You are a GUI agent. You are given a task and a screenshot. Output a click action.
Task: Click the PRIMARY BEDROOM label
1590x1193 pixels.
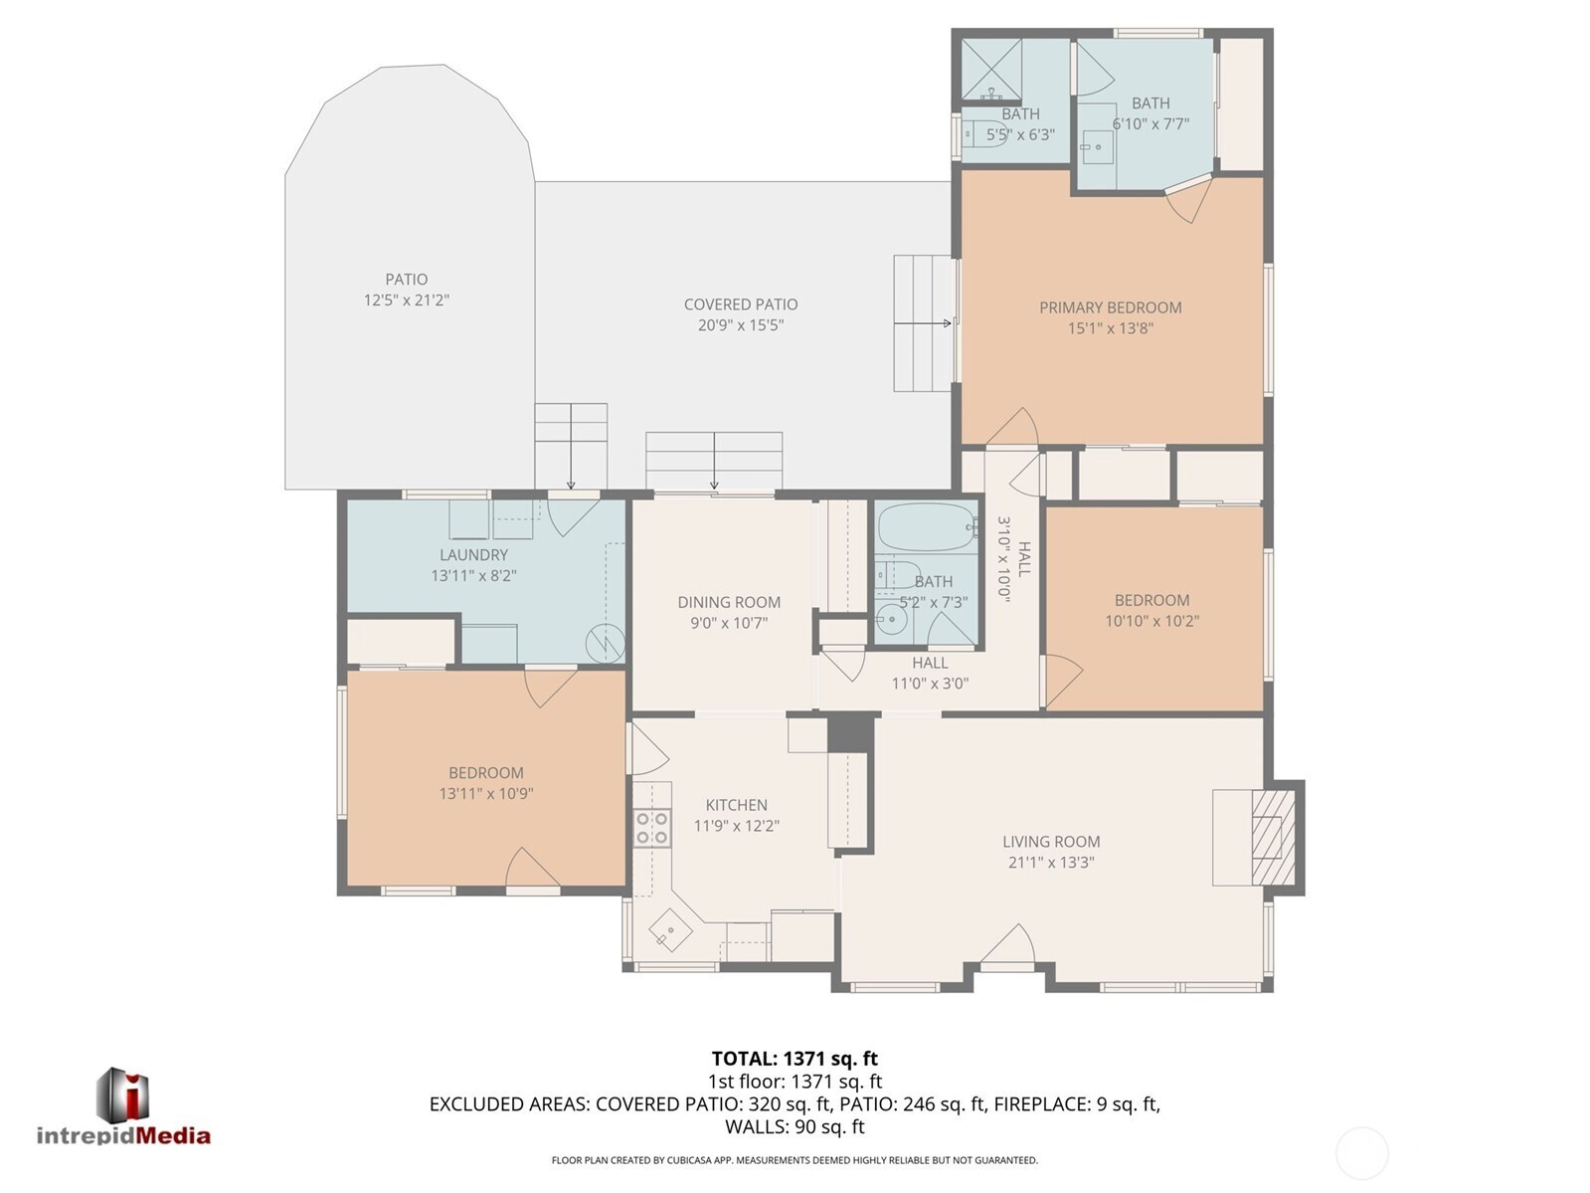pyautogui.click(x=1110, y=307)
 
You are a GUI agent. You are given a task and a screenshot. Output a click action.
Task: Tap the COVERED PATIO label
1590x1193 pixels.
pyautogui.click(x=741, y=304)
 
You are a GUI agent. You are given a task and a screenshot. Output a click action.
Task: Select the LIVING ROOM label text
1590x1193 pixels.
pyautogui.click(x=1050, y=842)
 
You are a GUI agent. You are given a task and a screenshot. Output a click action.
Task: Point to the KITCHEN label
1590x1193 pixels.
pyautogui.click(x=736, y=805)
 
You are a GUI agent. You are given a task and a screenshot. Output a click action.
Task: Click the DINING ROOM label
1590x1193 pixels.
pyautogui.click(x=729, y=602)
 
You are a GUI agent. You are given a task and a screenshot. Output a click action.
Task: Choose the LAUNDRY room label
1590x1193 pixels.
pyautogui.click(x=473, y=554)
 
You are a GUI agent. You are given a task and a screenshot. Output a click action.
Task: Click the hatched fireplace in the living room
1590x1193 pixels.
pyautogui.click(x=1273, y=837)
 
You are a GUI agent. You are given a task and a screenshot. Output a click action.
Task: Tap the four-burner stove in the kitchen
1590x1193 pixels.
pyautogui.click(x=651, y=828)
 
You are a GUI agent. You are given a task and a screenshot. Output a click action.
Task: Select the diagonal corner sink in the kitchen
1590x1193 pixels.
pyautogui.click(x=670, y=930)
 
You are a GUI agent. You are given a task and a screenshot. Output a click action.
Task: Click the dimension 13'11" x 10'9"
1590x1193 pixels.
pyautogui.click(x=486, y=794)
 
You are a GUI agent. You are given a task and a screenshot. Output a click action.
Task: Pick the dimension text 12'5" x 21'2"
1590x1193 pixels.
pyautogui.click(x=407, y=300)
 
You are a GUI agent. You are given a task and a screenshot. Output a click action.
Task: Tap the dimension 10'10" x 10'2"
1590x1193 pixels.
pyautogui.click(x=1151, y=621)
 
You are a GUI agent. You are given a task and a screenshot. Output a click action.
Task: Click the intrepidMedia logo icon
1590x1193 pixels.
pyautogui.click(x=123, y=1094)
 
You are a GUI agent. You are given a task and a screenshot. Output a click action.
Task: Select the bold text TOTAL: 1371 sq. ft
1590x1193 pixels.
pyautogui.click(x=795, y=1059)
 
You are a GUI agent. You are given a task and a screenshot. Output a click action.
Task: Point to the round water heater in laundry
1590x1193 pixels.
pyautogui.click(x=605, y=643)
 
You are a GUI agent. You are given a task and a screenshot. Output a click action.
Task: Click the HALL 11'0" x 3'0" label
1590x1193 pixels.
pyautogui.click(x=930, y=673)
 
